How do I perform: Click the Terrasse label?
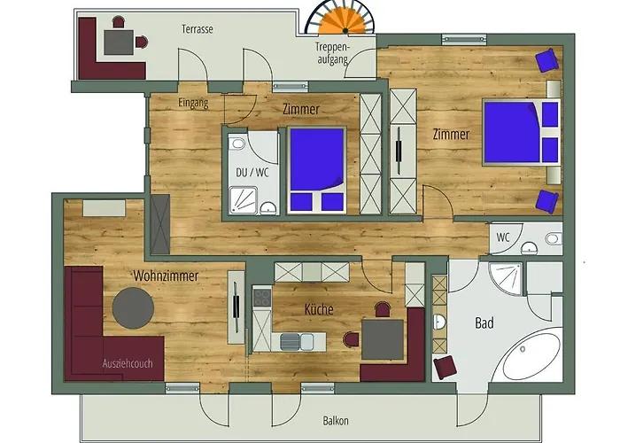click(x=198, y=29)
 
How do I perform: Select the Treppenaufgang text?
click(x=332, y=53)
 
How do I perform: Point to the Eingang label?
click(x=193, y=103)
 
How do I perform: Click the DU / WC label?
click(x=252, y=173)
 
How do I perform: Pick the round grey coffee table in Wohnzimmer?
click(x=133, y=307)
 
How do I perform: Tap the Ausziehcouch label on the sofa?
click(x=128, y=363)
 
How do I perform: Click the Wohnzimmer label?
click(x=166, y=276)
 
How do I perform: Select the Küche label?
click(x=319, y=309)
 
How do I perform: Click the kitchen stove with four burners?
click(x=261, y=298)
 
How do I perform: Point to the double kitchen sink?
click(x=297, y=342)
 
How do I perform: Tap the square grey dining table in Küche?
click(x=383, y=339)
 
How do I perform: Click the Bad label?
click(x=484, y=323)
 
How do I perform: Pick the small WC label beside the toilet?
click(x=503, y=237)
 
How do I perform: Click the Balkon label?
click(x=336, y=421)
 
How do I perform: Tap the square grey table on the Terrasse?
click(x=119, y=43)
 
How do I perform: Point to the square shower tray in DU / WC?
click(x=244, y=200)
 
